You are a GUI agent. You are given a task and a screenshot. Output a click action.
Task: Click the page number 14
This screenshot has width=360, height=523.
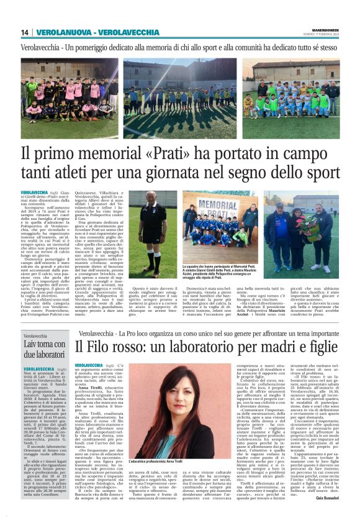coord(25,32)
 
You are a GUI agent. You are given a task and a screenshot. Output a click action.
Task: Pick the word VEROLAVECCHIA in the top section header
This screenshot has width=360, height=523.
coord(130,32)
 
